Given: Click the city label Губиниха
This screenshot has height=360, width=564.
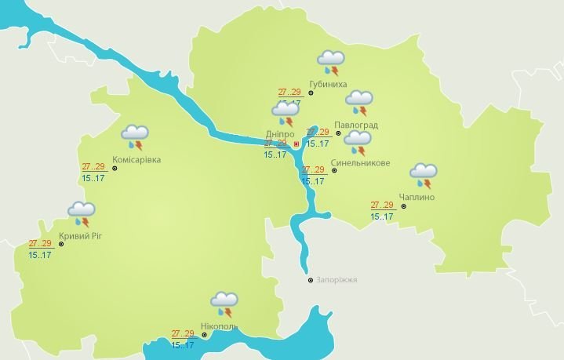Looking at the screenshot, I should pyautogui.click(x=328, y=84).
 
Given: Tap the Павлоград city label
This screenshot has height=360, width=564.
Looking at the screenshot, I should pyautogui.click(x=355, y=125).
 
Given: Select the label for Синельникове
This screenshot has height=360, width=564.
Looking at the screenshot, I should pyautogui.click(x=356, y=163).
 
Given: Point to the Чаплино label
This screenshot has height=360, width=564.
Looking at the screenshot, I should pyautogui.click(x=416, y=197).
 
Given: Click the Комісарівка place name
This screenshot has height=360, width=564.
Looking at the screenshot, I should pyautogui.click(x=136, y=160).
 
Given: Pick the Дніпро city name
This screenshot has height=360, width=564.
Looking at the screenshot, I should pyautogui.click(x=279, y=134).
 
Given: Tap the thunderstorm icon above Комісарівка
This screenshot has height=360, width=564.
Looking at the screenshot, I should pyautogui.click(x=136, y=136).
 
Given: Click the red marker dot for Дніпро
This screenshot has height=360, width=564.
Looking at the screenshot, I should pyautogui.click(x=296, y=144).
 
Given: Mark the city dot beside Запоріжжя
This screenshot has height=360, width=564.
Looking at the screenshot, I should pyautogui.click(x=311, y=280).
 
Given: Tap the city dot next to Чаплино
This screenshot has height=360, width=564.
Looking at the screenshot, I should pyautogui.click(x=403, y=207).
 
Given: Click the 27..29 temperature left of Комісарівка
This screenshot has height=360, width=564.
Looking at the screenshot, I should pyautogui.click(x=93, y=166).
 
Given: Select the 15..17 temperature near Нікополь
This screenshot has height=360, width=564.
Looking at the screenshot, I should pyautogui.click(x=183, y=345).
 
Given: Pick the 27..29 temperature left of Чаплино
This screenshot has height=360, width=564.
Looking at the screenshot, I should pyautogui.click(x=382, y=205).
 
